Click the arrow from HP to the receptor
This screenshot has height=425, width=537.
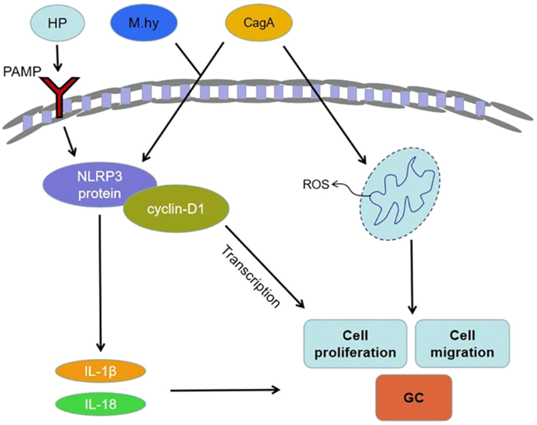coord(58,60)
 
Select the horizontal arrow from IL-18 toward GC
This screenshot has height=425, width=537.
coord(227,388)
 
